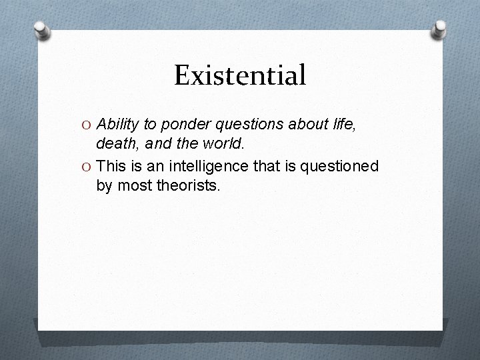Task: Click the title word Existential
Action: coord(240,75)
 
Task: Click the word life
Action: coord(342,124)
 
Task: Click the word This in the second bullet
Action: coord(111,166)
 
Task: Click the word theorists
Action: coord(187,186)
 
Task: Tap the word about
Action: coord(303,124)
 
